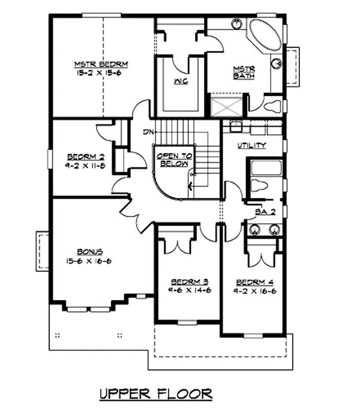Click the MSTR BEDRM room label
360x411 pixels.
pyautogui.click(x=102, y=64)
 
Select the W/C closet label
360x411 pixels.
pyautogui.click(x=181, y=81)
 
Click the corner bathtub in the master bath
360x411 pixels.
pyautogui.click(x=266, y=36)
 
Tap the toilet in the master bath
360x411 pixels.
pyautogui.click(x=271, y=107)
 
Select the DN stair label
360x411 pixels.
pyautogui.click(x=148, y=131)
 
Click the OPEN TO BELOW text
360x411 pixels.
pyautogui.click(x=173, y=159)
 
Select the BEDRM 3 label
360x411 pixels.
pyautogui.click(x=189, y=281)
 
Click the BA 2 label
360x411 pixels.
pyautogui.click(x=261, y=211)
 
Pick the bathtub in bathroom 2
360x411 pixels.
pyautogui.click(x=266, y=167)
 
